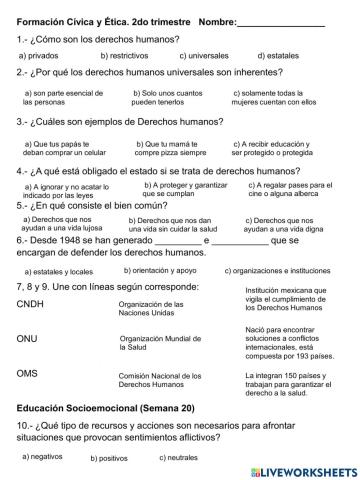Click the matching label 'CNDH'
(x=34, y=305)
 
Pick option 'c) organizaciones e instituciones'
(x=277, y=271)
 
